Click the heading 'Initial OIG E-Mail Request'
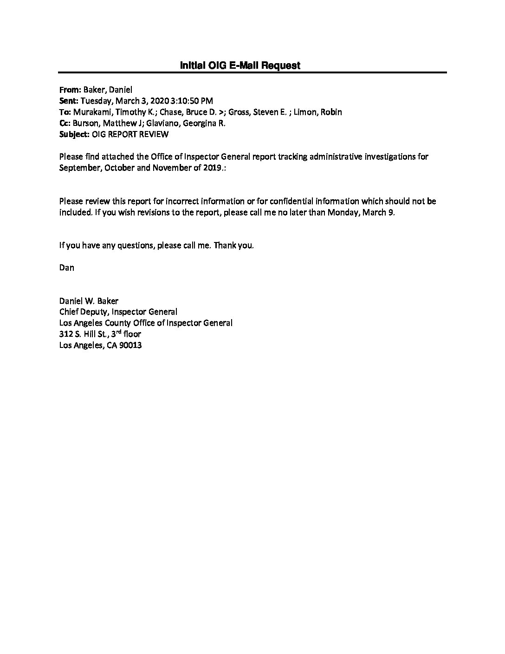(240, 65)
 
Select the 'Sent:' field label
(69, 101)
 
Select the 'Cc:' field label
(65, 123)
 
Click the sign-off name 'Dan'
(66, 268)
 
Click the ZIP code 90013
(130, 345)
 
